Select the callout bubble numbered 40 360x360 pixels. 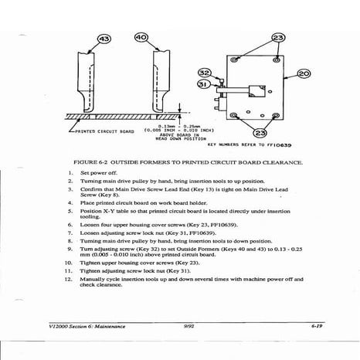pyautogui.click(x=141, y=36)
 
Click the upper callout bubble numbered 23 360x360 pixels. pyautogui.click(x=277, y=36)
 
